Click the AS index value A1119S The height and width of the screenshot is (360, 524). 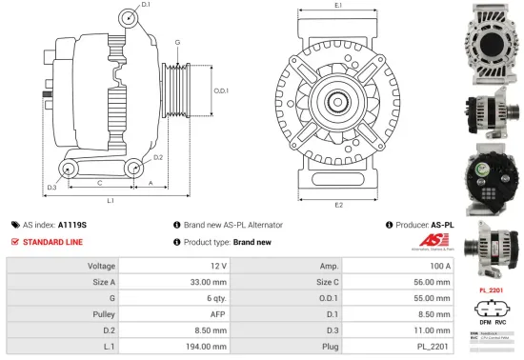pos(71,225)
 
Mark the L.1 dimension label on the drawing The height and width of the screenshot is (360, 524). pos(111,201)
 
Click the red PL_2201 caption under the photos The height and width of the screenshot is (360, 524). pos(491,289)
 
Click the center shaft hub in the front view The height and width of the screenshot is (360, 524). pos(338,101)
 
